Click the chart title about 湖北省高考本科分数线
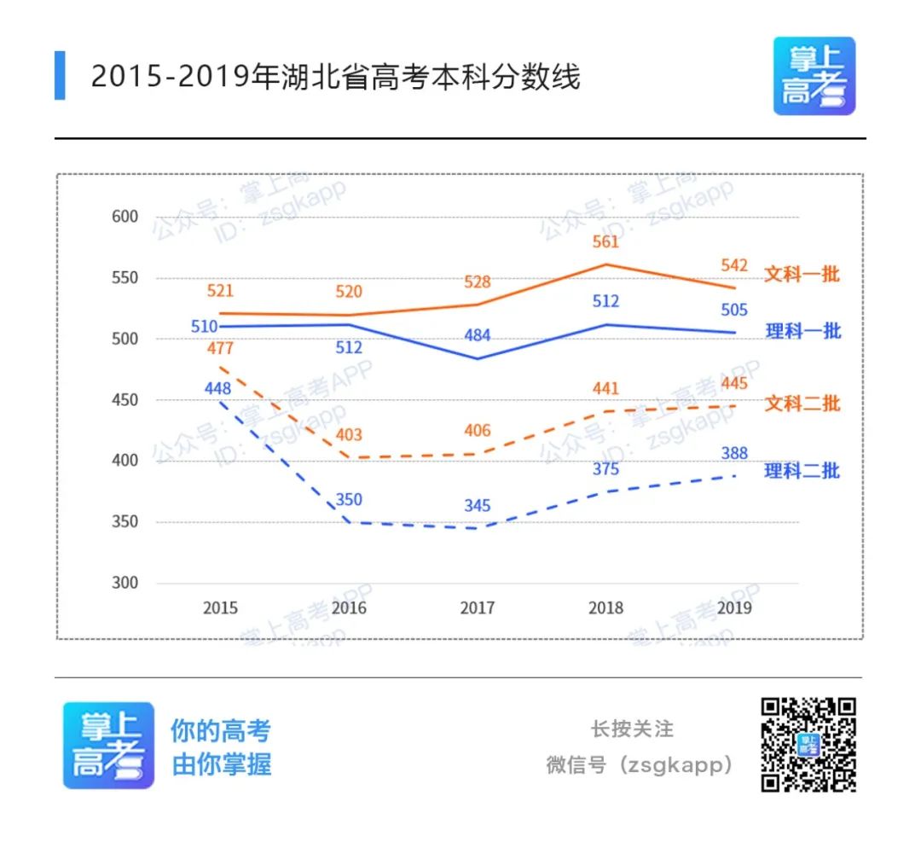(335, 77)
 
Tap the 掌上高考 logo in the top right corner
(814, 76)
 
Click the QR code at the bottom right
(808, 744)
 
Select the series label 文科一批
(801, 275)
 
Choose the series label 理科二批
(802, 470)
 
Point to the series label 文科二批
(802, 403)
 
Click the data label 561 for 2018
(605, 242)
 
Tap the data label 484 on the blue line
(477, 335)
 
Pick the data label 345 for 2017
(477, 506)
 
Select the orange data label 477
(219, 348)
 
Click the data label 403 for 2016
(348, 435)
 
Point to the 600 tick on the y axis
(125, 217)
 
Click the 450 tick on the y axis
(125, 400)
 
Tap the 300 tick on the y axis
(125, 584)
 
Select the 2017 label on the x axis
(478, 608)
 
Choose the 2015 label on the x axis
(220, 608)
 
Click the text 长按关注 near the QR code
(632, 729)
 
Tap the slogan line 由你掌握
(222, 764)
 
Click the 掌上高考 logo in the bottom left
(108, 745)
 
